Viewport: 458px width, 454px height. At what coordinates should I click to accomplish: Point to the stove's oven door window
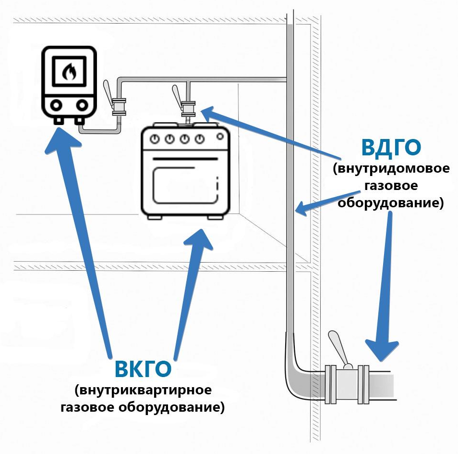(185, 185)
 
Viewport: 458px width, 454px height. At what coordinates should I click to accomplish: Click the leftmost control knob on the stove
(155, 139)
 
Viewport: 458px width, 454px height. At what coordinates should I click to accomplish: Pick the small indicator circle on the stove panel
(220, 136)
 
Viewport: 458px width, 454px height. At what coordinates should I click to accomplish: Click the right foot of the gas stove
(215, 218)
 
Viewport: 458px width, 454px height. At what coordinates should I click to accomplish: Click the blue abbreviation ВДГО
(391, 148)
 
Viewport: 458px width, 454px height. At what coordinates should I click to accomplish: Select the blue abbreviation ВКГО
(143, 369)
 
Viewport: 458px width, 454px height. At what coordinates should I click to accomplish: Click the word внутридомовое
(391, 169)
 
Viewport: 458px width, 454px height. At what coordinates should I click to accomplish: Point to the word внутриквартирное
(143, 389)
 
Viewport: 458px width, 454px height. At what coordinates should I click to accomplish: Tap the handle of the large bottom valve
(337, 345)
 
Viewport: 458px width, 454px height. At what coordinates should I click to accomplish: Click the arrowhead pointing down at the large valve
(382, 353)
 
